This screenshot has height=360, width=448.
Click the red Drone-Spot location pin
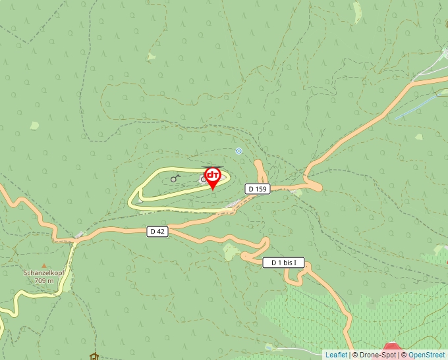(213, 176)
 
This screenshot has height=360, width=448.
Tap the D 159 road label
(258, 189)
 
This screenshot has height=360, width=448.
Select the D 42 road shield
(157, 231)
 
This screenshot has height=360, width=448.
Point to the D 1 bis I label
(284, 263)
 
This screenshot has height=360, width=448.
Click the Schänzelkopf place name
(44, 272)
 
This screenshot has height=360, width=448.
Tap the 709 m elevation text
(44, 280)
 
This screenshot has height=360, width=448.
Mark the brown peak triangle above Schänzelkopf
(44, 266)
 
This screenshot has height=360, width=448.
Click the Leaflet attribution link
(336, 355)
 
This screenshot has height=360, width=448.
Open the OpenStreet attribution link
(428, 355)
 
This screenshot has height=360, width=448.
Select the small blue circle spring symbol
(238, 151)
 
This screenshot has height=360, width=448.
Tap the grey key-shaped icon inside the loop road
(175, 178)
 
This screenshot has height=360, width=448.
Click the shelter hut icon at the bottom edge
(94, 357)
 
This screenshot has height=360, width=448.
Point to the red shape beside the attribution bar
(391, 346)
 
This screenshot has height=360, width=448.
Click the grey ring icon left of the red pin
(203, 179)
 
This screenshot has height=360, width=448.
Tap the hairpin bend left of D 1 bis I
(245, 256)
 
